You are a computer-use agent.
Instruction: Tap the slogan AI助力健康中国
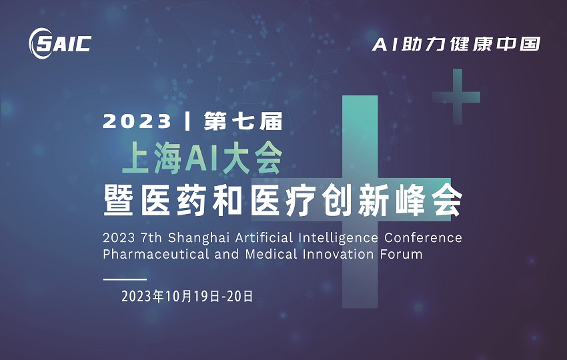point(456,45)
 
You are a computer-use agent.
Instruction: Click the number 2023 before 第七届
point(137,121)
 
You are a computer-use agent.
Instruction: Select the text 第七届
point(244,121)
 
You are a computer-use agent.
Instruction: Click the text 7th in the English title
point(150,238)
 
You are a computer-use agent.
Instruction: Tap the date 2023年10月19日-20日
point(187,297)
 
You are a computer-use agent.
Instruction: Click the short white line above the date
point(125,279)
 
